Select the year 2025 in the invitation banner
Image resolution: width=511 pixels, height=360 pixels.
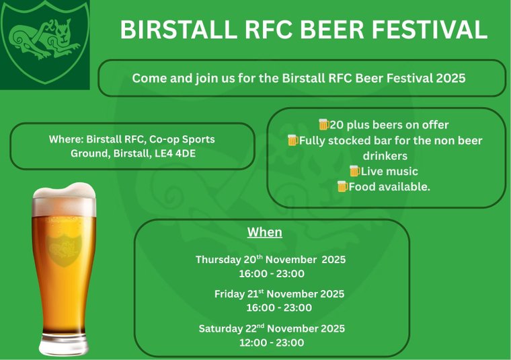(x=450, y=78)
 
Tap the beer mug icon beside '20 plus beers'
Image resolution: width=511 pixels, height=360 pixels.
(x=324, y=124)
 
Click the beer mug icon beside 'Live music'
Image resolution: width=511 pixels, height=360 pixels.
(x=354, y=171)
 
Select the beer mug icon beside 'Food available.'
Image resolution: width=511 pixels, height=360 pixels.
(x=342, y=186)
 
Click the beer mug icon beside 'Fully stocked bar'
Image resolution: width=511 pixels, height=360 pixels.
(x=292, y=140)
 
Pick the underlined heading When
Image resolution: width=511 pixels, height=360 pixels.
(x=264, y=233)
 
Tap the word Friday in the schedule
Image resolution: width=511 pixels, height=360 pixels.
(x=228, y=294)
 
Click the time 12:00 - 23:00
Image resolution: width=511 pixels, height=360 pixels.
(x=272, y=343)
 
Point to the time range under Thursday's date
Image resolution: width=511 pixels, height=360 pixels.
(x=272, y=273)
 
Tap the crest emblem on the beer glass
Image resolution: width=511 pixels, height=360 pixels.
(x=65, y=249)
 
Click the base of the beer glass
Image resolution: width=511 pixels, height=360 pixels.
(x=65, y=346)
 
